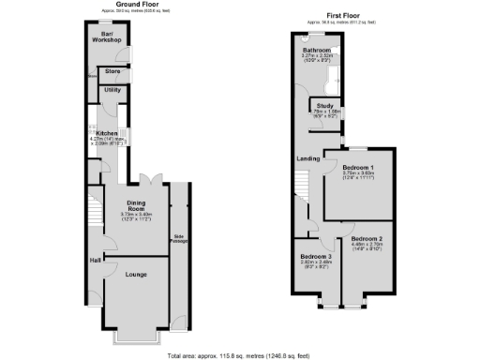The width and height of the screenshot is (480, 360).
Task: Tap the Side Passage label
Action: coord(177,238)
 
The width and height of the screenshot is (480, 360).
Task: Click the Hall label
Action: coord(96,260)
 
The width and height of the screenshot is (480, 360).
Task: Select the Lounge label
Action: coord(137,275)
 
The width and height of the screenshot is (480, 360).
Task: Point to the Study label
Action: coord(325,106)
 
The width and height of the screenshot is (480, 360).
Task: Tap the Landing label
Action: coord(307,158)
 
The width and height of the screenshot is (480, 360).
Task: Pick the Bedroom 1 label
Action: coord(357,168)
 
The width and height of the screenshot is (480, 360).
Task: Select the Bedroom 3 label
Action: coord(316,257)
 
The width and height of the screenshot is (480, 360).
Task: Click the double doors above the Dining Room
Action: coord(148,178)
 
